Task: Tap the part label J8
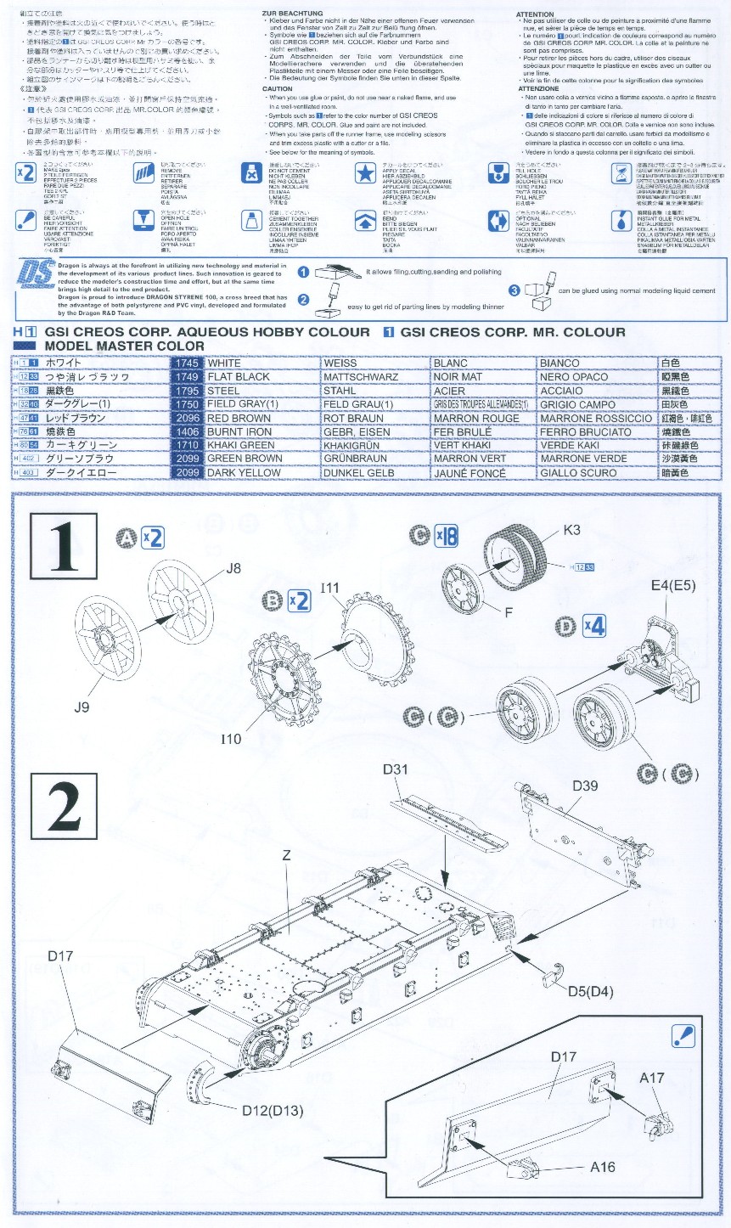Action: coord(234,569)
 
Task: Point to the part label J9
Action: coord(82,707)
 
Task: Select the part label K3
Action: coord(572,529)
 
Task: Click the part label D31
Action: coord(396,769)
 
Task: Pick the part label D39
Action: coord(585,786)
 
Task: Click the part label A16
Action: coord(602,1167)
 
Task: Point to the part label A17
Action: coord(652,1078)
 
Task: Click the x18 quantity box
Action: coord(447,536)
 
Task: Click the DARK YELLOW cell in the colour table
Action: coord(244,472)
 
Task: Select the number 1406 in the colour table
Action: coord(187,431)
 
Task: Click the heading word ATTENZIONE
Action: coord(538,87)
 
